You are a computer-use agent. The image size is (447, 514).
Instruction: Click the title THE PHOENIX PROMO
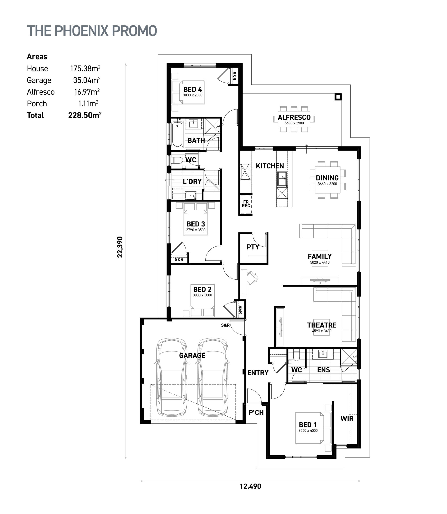[x=92, y=31]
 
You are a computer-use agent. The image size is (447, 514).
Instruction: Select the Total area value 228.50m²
[x=85, y=115]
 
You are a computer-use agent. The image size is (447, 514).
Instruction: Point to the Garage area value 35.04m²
[x=87, y=80]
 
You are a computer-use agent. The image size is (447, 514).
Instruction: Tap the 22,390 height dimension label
[x=120, y=247]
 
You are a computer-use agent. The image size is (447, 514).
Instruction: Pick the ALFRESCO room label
[x=294, y=117]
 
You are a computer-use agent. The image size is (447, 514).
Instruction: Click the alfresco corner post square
[x=338, y=97]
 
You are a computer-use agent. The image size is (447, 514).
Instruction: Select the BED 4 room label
[x=193, y=89]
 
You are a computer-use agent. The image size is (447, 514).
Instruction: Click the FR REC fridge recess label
[x=246, y=204]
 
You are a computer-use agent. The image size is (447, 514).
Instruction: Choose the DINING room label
[x=327, y=178]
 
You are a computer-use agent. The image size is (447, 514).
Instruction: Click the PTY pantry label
[x=253, y=247]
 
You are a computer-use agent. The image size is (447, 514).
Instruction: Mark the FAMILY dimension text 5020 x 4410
[x=320, y=262]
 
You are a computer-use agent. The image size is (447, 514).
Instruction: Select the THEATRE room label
[x=322, y=325]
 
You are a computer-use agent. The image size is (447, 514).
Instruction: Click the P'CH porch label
[x=256, y=412]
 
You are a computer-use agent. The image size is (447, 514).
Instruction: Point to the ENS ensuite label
[x=324, y=370]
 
